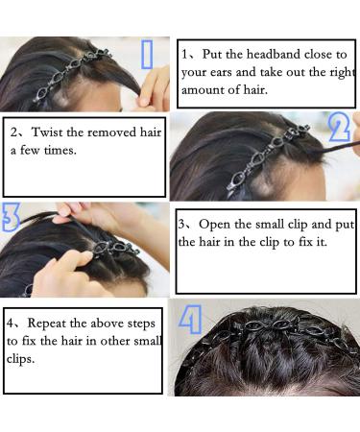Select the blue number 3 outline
point(11,218)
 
